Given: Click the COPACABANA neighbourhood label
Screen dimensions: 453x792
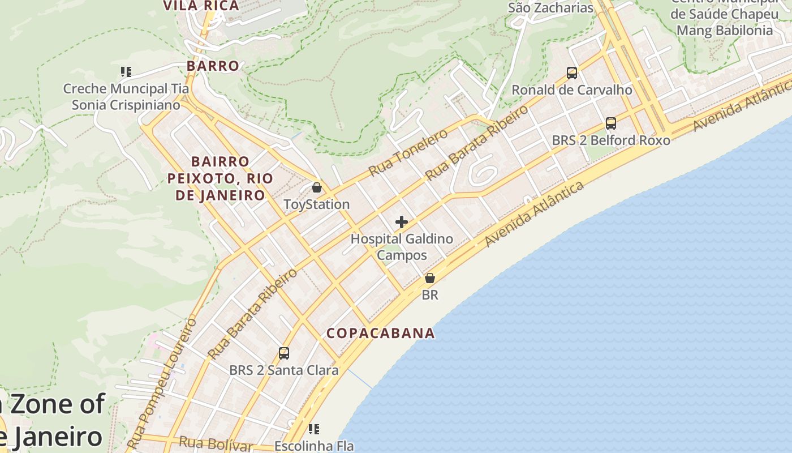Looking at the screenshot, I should pyautogui.click(x=381, y=333).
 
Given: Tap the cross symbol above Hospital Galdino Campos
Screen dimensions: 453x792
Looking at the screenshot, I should pyautogui.click(x=402, y=222).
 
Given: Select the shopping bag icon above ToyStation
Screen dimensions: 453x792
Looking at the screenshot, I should pyautogui.click(x=317, y=187).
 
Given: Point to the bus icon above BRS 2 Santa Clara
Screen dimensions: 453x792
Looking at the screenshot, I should pyautogui.click(x=284, y=353).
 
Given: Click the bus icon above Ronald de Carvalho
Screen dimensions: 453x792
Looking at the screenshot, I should pyautogui.click(x=572, y=73).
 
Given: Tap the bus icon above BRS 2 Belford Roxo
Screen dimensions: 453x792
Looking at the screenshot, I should pyautogui.click(x=611, y=123).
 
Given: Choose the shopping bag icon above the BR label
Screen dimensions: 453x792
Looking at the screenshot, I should pyautogui.click(x=430, y=278).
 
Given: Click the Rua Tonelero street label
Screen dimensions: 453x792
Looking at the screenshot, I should pyautogui.click(x=407, y=152).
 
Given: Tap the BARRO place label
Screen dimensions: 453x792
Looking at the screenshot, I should pyautogui.click(x=213, y=66).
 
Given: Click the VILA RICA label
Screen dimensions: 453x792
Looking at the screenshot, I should pyautogui.click(x=201, y=6).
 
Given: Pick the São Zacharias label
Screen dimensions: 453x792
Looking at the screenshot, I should pyautogui.click(x=550, y=8).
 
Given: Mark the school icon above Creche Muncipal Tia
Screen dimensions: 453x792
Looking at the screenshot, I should pyautogui.click(x=126, y=72).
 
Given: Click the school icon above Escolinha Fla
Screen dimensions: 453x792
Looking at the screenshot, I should pyautogui.click(x=314, y=429).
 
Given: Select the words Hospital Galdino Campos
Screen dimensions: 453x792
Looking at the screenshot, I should pyautogui.click(x=402, y=247).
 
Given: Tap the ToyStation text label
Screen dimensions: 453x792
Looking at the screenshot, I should pyautogui.click(x=317, y=204).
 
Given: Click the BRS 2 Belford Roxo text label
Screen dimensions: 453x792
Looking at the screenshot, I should pyautogui.click(x=611, y=140).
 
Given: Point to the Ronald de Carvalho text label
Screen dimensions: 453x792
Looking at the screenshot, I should pyautogui.click(x=572, y=90).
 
